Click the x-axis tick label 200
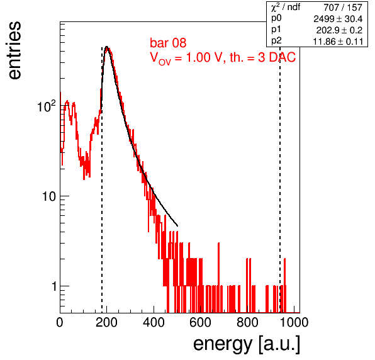pos(106,322)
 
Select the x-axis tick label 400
pos(154,322)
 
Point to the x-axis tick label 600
pos(201,322)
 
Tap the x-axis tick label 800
pos(247,322)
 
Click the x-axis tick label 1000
pos(294,322)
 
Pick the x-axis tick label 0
pos(60,322)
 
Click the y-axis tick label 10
pos(49,196)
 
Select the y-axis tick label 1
pos(54,286)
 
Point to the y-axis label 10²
pos(47,106)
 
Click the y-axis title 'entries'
pos(15,50)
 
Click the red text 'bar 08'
pos(168,43)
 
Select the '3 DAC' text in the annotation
pos(277,57)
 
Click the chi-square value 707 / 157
pos(343,8)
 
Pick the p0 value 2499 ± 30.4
pos(338,19)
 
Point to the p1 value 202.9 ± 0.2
pos(339,30)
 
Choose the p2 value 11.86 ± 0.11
pos(338,42)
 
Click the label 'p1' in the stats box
pos(276,30)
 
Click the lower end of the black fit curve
pos(177,226)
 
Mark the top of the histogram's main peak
pos(107,47)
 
